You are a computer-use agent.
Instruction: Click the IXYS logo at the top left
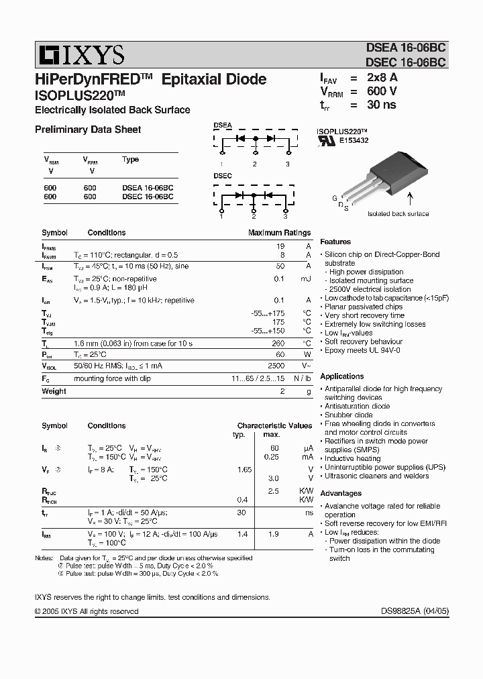79,54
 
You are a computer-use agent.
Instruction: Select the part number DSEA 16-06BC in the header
406,48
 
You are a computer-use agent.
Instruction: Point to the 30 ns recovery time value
381,105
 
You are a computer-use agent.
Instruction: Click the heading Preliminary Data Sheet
88,129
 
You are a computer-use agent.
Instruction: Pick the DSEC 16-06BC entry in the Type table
148,197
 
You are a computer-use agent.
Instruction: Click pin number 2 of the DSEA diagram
255,164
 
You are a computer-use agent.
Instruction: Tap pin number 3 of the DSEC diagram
285,216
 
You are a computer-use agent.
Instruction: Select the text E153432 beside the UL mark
354,141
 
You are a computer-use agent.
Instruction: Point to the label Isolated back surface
398,213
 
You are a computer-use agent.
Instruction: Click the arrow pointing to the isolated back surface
411,198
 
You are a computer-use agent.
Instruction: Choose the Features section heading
335,242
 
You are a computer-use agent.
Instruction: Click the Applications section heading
342,376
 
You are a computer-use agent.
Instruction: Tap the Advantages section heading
341,493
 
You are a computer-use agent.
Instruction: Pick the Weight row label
54,391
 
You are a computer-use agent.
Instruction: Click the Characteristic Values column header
274,425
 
